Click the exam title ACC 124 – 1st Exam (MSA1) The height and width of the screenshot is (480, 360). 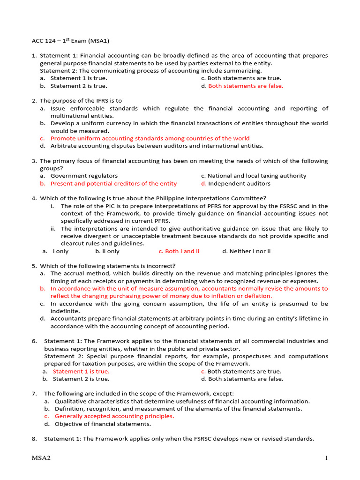[x=70, y=41]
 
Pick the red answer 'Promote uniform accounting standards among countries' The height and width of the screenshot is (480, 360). [x=150, y=138]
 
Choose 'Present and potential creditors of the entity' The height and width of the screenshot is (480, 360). [x=113, y=183]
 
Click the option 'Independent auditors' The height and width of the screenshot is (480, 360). [x=239, y=183]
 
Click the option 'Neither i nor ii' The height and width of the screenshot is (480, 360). [x=246, y=251]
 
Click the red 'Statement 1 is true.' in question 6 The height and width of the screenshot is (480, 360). [x=81, y=371]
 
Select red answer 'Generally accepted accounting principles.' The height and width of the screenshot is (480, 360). [x=114, y=416]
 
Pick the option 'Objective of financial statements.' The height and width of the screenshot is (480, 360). [x=103, y=424]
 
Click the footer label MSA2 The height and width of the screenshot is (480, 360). [x=41, y=458]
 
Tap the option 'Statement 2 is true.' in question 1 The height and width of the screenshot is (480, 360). [x=79, y=86]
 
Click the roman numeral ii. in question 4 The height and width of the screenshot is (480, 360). [x=53, y=228]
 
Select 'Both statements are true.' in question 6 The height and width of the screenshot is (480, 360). [x=244, y=371]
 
